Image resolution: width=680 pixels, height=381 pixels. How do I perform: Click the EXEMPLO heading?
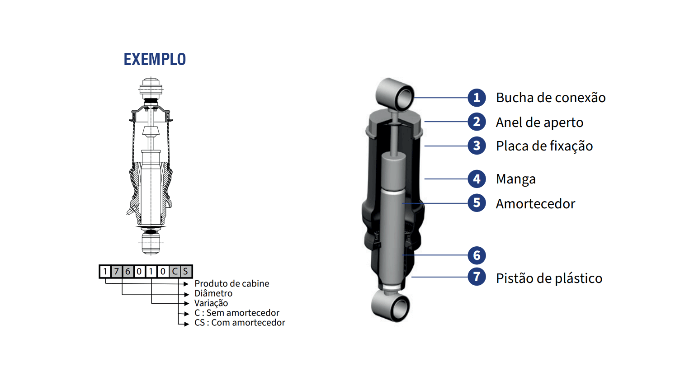(155, 59)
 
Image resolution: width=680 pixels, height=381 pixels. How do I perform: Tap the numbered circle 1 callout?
(477, 98)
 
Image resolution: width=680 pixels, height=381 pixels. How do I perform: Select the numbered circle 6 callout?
(477, 255)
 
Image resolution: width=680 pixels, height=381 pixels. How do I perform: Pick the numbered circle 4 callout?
(477, 179)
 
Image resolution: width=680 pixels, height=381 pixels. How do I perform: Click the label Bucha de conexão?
(551, 98)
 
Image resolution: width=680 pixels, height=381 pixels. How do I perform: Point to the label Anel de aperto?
(539, 122)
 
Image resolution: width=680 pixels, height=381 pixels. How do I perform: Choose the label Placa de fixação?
(544, 146)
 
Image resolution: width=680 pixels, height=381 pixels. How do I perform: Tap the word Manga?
(516, 179)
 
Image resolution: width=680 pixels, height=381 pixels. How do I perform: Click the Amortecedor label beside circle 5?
(535, 203)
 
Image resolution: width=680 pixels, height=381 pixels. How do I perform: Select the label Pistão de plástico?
(549, 278)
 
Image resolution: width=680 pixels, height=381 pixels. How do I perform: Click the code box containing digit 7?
(117, 271)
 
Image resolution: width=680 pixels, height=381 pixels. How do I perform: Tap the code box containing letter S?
(185, 271)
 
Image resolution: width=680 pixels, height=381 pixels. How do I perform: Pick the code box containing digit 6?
(128, 271)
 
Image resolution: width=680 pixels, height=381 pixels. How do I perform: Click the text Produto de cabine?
(231, 283)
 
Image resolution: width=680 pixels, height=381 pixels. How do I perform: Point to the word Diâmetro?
(213, 293)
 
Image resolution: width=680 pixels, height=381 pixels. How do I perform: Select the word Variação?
(211, 303)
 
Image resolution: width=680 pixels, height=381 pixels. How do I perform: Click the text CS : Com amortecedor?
(240, 322)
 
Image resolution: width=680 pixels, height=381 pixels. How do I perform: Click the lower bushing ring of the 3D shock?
(391, 306)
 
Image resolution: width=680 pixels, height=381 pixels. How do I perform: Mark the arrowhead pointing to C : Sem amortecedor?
(187, 314)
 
